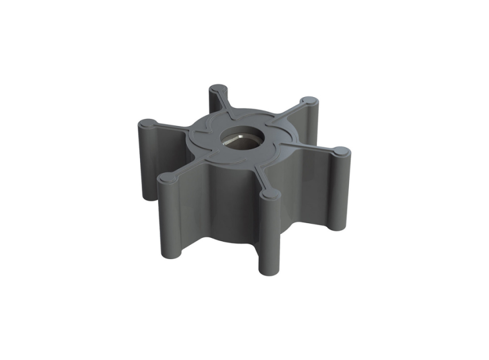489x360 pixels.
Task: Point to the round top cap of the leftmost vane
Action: tap(148, 123)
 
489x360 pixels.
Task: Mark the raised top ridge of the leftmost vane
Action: tap(170, 127)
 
